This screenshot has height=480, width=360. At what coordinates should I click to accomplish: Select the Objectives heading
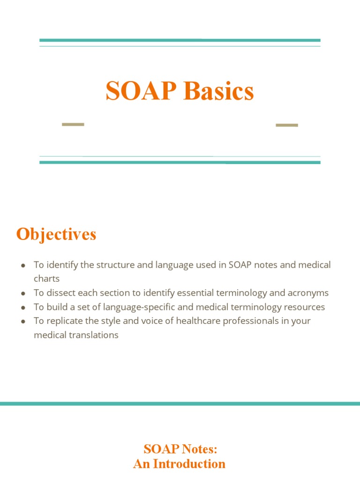pos(56,234)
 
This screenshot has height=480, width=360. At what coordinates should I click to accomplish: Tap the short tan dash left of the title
pos(73,125)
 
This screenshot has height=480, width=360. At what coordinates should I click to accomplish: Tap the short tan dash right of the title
pos(287,125)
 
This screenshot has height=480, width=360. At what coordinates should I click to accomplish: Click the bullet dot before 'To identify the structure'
pos(23,265)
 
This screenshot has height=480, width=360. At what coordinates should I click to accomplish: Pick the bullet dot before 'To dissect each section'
pos(23,293)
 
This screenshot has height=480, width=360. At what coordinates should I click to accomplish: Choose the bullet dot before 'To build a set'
pos(23,307)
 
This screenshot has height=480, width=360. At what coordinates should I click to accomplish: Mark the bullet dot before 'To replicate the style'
pos(23,322)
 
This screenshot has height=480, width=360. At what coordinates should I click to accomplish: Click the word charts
pos(46,279)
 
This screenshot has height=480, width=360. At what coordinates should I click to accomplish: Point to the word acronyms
pos(308,293)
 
